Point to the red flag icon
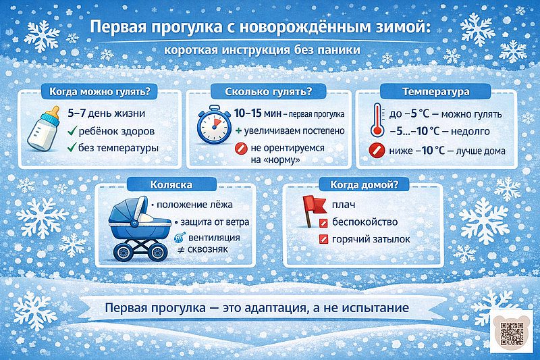(x=313, y=207)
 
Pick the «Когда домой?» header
(x=364, y=184)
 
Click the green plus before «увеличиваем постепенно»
(x=239, y=130)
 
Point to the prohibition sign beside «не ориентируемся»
(x=239, y=149)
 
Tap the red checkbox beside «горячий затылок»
(x=323, y=239)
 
